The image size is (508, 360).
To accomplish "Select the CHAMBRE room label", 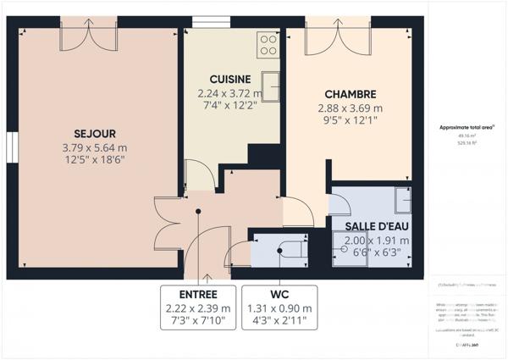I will (351, 94).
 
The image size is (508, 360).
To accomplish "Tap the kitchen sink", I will (271, 86).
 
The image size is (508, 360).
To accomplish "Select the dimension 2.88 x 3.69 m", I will (351, 108).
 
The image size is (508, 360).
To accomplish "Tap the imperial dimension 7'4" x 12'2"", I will (227, 107).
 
